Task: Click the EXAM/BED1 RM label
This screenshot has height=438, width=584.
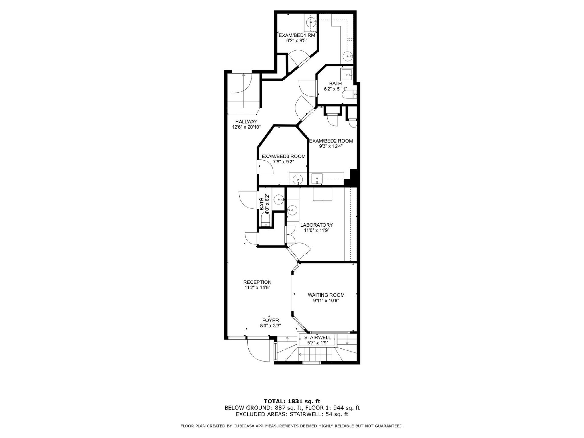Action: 297,35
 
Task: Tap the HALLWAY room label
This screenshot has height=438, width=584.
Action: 246,122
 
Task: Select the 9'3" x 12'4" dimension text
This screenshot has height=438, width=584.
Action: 331,146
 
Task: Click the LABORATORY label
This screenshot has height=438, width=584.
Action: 317,225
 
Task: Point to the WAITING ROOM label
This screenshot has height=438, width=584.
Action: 326,295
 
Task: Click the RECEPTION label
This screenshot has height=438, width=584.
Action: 257,282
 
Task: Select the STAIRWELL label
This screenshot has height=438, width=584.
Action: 317,338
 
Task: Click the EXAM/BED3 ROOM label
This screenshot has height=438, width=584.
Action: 283,156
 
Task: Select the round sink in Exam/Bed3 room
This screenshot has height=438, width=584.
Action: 298,179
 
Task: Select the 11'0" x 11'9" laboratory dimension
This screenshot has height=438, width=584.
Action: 317,230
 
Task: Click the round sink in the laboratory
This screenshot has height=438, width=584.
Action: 292,210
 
